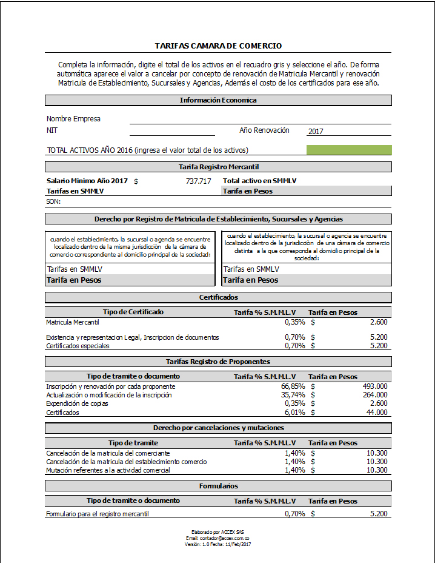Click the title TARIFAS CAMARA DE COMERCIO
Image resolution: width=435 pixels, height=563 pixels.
point(218,46)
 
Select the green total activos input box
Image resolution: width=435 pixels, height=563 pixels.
point(349,150)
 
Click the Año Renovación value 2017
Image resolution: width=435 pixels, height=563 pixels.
point(316,131)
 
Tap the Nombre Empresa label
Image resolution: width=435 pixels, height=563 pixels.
point(73,119)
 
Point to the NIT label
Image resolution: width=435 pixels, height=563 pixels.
point(52,130)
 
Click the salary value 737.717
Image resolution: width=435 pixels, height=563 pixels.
point(198,181)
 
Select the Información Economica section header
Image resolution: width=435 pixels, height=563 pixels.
point(218,100)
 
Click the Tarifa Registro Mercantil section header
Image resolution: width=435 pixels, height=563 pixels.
point(218,166)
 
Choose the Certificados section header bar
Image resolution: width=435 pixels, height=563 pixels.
point(218,297)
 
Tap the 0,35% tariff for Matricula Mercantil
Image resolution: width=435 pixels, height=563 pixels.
point(294,322)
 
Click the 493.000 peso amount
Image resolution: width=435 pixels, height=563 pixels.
point(375,386)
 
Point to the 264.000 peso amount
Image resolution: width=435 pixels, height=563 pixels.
point(375,395)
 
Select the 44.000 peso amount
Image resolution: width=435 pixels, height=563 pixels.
point(377,413)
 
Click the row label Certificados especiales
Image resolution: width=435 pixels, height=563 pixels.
point(78,346)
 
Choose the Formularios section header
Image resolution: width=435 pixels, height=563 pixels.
point(218,486)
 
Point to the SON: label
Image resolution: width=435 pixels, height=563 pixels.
point(53,201)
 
